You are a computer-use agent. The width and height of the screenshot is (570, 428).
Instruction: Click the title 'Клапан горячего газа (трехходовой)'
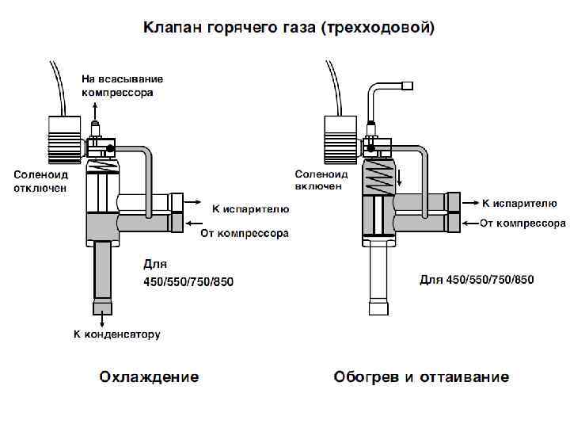(x=288, y=29)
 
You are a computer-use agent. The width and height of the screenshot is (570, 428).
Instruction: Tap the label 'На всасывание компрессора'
(x=123, y=86)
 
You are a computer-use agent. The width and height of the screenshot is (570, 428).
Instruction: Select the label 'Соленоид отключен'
(x=40, y=181)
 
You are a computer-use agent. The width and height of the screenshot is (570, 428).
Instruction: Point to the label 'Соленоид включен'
(x=321, y=179)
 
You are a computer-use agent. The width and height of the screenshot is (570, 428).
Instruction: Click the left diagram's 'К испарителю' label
(x=250, y=209)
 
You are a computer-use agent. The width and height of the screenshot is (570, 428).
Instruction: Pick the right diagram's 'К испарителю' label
(x=520, y=204)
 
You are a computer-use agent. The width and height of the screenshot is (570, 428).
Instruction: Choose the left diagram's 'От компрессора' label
(x=244, y=233)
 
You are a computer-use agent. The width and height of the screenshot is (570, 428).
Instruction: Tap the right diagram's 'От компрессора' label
(x=522, y=224)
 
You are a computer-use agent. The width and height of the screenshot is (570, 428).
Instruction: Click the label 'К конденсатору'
(x=117, y=334)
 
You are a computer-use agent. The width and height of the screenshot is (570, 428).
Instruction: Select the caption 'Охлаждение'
(x=149, y=376)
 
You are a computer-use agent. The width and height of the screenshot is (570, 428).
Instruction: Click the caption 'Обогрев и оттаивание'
(x=421, y=376)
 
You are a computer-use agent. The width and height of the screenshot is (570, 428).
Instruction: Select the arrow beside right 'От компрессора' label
(x=469, y=223)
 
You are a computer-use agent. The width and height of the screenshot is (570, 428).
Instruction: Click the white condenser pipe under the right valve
(x=379, y=269)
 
